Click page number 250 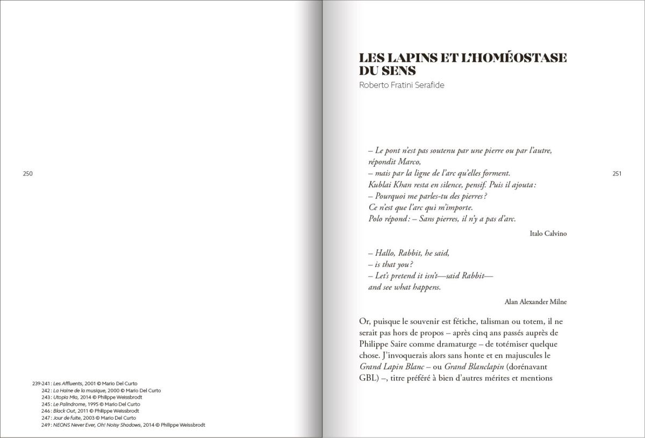28,173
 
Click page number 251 617,173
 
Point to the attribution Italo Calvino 548,233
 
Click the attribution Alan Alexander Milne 536,302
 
